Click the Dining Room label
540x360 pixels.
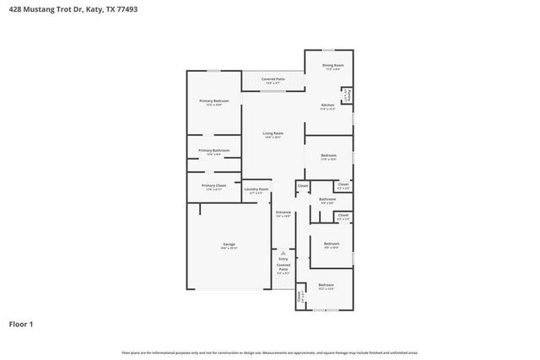(x=332, y=65)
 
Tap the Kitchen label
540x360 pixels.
(x=327, y=105)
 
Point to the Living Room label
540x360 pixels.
(x=272, y=133)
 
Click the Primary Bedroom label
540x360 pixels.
(x=214, y=101)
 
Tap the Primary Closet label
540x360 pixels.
(x=213, y=185)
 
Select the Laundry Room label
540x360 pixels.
(x=256, y=190)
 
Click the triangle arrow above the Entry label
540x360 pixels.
(x=283, y=252)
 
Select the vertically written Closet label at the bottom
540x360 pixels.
(x=300, y=297)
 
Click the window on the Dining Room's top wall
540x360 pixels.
(x=327, y=51)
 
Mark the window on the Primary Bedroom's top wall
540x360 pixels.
(x=214, y=71)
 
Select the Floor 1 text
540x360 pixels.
(x=21, y=323)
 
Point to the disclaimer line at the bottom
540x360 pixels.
(x=270, y=352)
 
